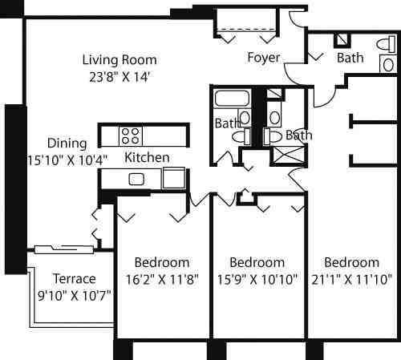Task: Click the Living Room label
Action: (x=120, y=59)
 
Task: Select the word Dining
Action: (x=67, y=143)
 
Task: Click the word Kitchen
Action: (x=147, y=157)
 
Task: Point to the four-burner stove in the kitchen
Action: (x=131, y=135)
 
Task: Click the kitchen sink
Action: (x=136, y=178)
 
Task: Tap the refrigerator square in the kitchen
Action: (x=173, y=177)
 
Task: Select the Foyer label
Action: (x=263, y=58)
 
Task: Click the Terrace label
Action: (x=74, y=279)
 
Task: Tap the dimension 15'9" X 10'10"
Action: (x=257, y=281)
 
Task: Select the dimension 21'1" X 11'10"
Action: (x=352, y=281)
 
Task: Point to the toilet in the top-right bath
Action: (x=385, y=44)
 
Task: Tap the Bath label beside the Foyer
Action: (x=350, y=58)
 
